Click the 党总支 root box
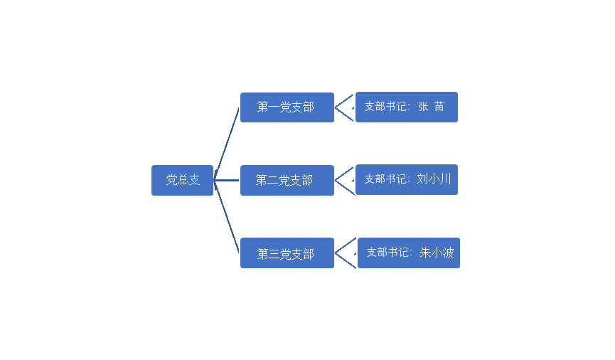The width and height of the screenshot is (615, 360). pyautogui.click(x=183, y=180)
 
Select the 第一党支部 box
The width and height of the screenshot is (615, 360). pyautogui.click(x=287, y=107)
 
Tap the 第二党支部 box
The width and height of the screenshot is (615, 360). pyautogui.click(x=287, y=180)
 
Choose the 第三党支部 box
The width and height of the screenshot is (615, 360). pyautogui.click(x=287, y=253)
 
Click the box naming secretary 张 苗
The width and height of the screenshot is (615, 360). pyautogui.click(x=407, y=107)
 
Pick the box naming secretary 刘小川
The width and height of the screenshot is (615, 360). pyautogui.click(x=407, y=180)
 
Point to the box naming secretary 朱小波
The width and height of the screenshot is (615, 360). pyautogui.click(x=409, y=253)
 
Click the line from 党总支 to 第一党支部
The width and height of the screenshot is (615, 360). pyautogui.click(x=227, y=144)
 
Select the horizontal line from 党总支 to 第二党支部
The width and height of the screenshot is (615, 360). pyautogui.click(x=227, y=181)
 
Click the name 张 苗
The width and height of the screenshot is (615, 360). pyautogui.click(x=431, y=107)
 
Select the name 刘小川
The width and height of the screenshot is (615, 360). pyautogui.click(x=434, y=179)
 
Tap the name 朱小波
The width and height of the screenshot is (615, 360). pyautogui.click(x=437, y=253)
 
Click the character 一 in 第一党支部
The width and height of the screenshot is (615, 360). pyautogui.click(x=274, y=107)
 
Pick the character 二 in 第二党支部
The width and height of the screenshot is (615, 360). pyautogui.click(x=272, y=180)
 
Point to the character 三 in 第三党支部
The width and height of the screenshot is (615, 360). pyautogui.click(x=274, y=254)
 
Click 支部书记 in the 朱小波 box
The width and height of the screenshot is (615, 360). pyautogui.click(x=387, y=253)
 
